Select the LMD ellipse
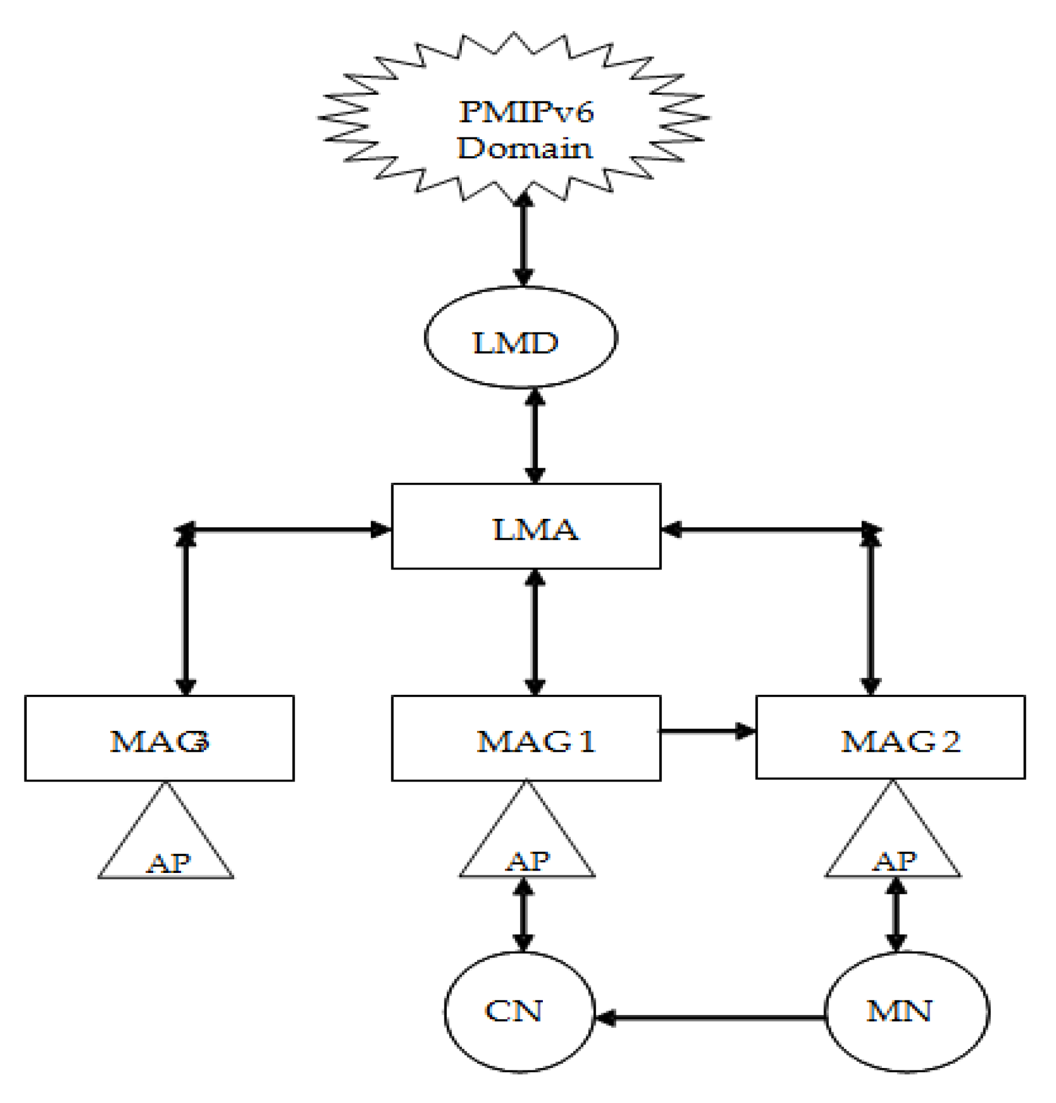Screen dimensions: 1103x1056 pos(520,338)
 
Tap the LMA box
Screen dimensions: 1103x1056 pos(526,526)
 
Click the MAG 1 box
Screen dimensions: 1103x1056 pos(526,738)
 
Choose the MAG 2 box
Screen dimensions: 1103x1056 pos(890,737)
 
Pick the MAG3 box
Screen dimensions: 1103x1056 pos(159,738)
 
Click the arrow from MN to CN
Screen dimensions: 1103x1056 pos(711,1017)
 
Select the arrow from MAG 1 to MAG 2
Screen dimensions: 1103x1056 pos(708,731)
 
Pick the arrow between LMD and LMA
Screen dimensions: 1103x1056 pos(535,436)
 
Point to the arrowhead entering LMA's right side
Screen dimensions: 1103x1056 pos(671,529)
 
